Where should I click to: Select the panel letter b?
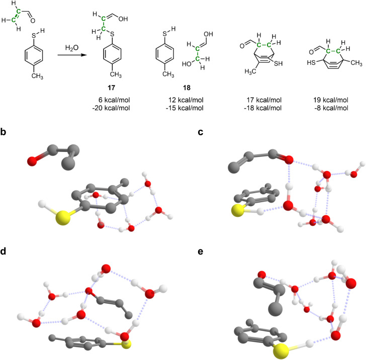4,132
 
